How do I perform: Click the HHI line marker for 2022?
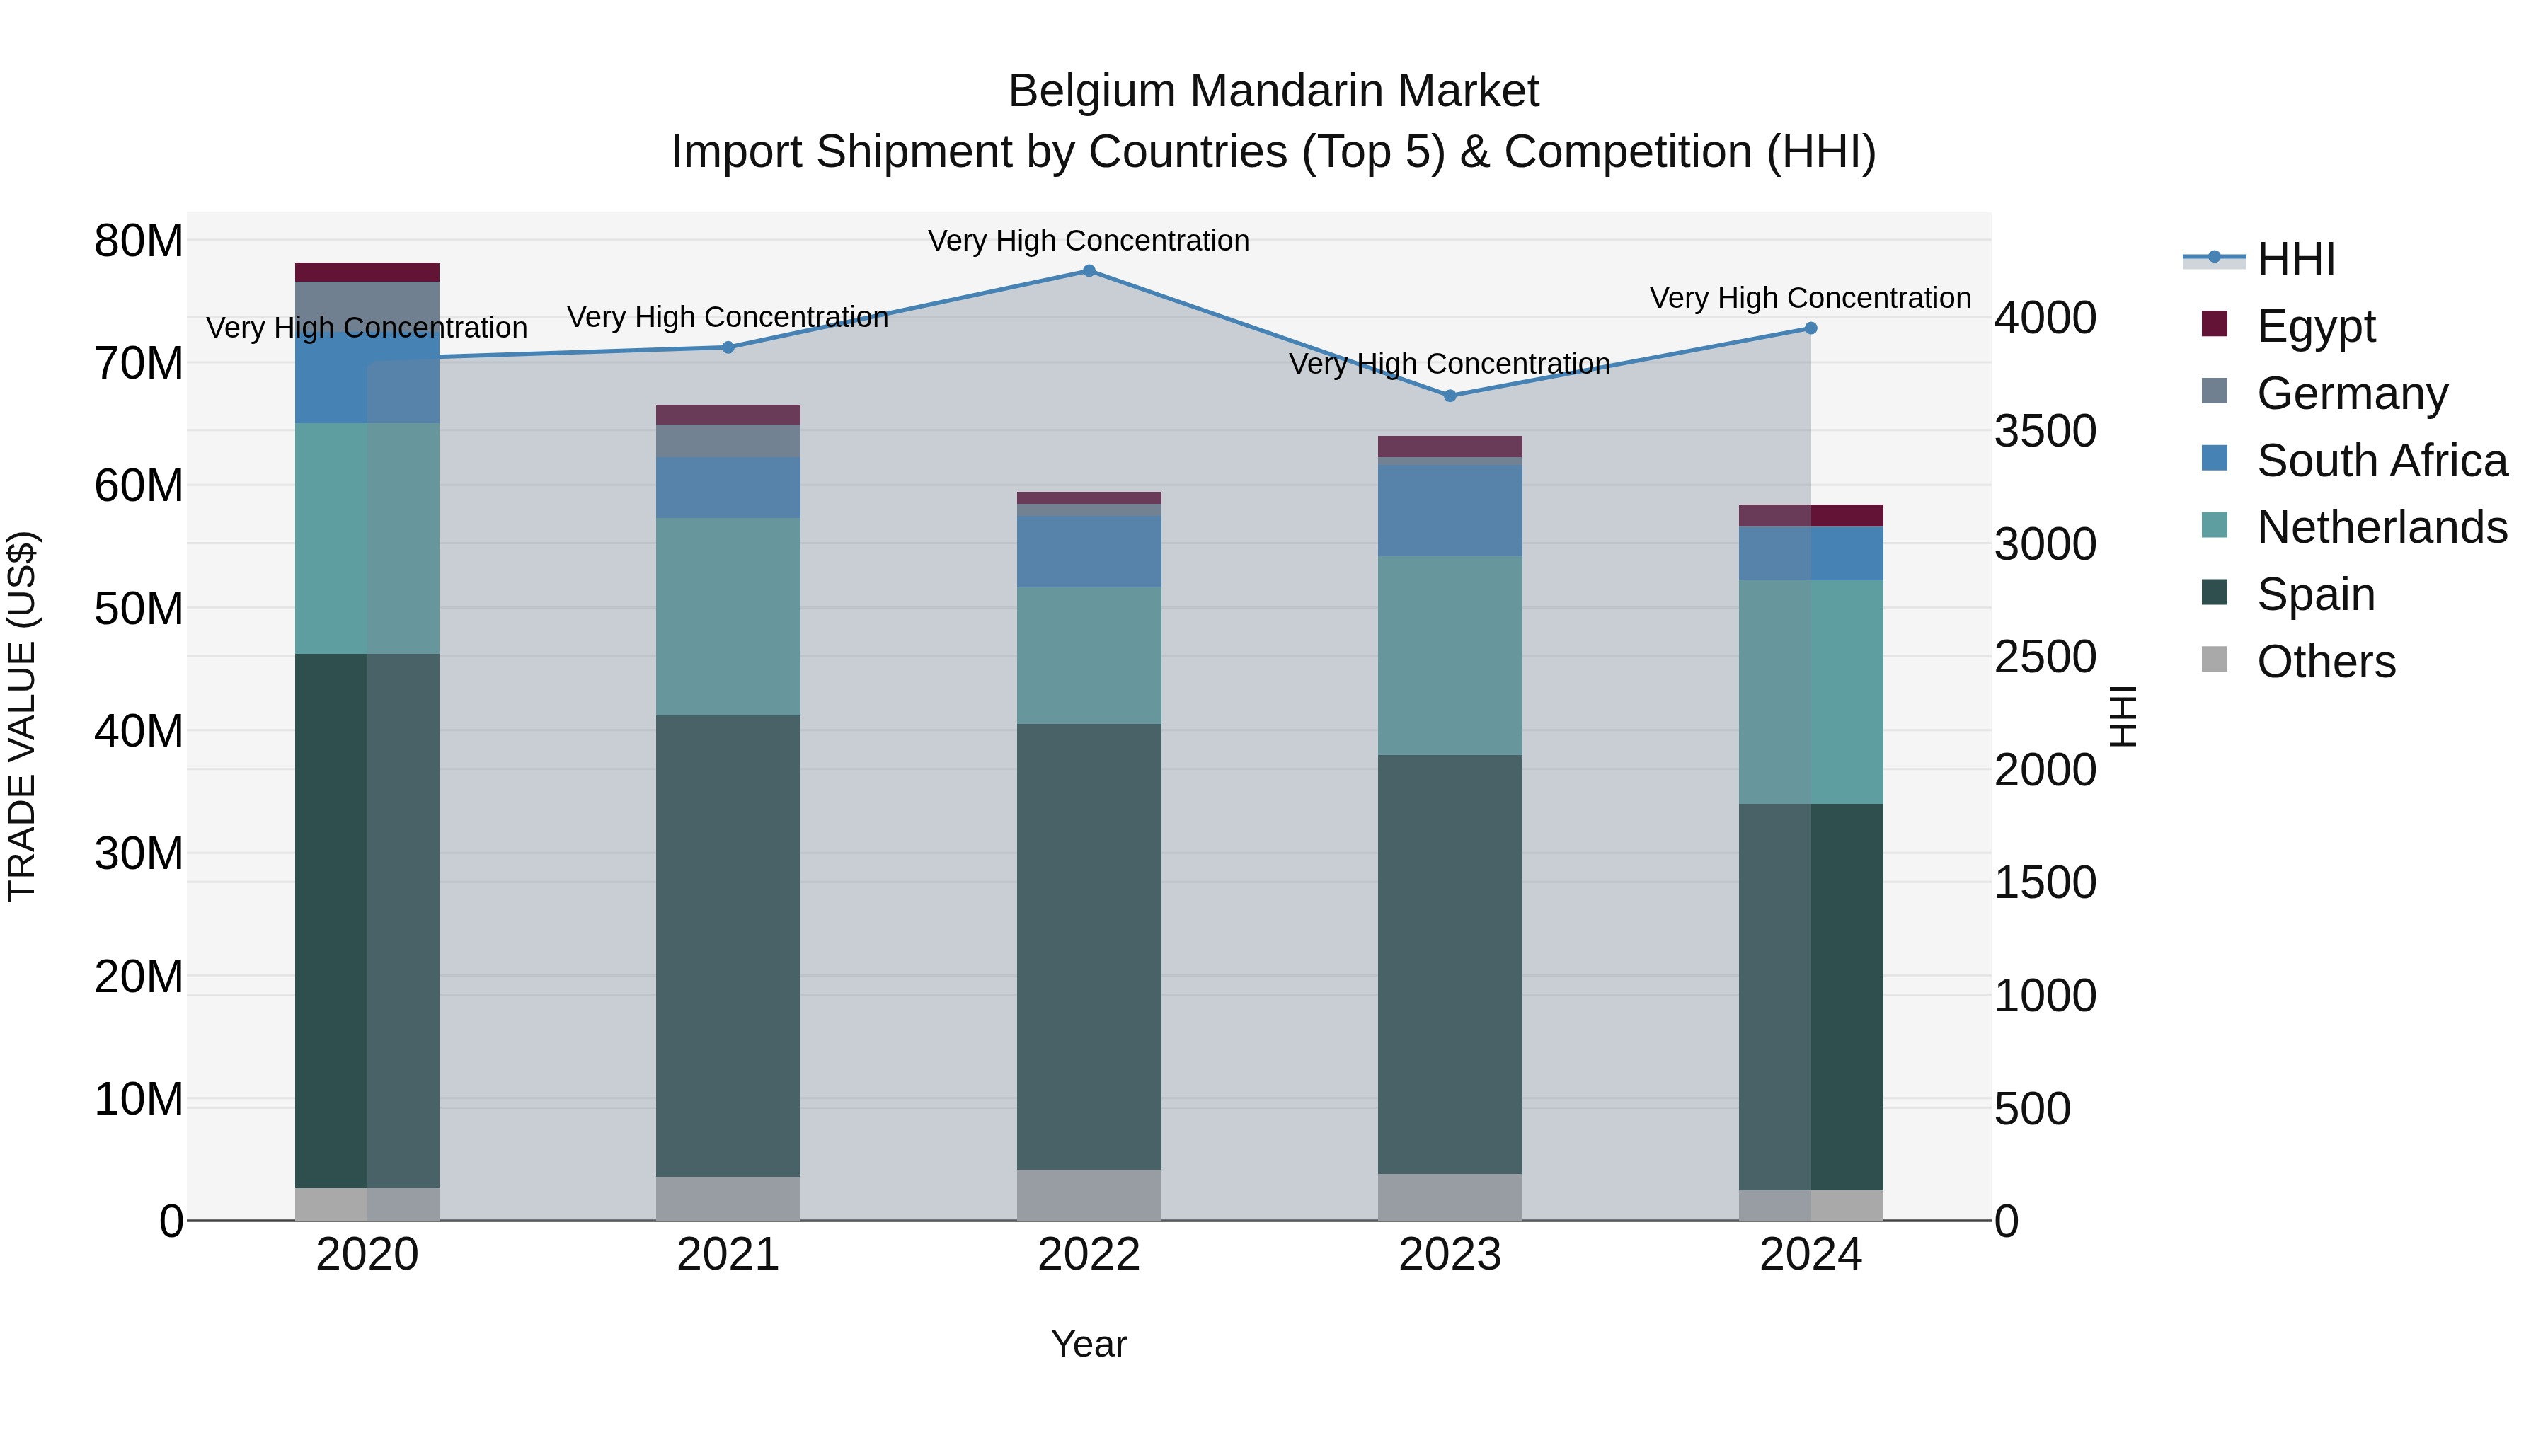pos(1089,271)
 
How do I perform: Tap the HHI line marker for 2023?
pos(1450,396)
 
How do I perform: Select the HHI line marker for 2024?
pos(1811,328)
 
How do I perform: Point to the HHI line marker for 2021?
pos(728,347)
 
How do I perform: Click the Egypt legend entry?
pos(2314,326)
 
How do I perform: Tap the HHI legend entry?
pos(2295,259)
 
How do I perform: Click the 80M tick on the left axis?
pos(139,241)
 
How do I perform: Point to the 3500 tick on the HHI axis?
pos(2045,431)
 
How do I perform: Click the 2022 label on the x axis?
pos(1089,1255)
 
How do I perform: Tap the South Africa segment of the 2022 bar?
pos(1089,552)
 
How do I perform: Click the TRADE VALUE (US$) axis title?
pos(22,716)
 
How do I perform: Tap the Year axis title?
pos(1089,1344)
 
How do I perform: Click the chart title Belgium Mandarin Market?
pos(1273,91)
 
